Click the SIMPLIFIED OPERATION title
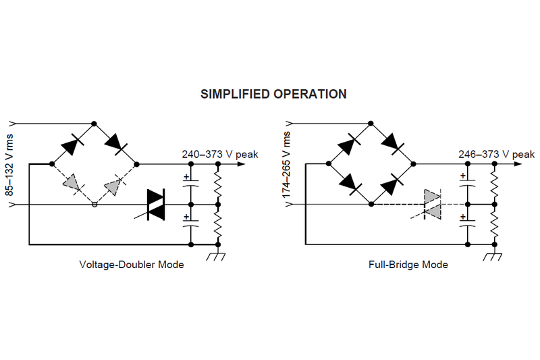click(x=273, y=94)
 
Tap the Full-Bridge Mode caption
click(x=409, y=264)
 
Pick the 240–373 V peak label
click(x=219, y=154)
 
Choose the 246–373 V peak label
click(x=495, y=154)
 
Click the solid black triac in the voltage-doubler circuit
click(x=156, y=204)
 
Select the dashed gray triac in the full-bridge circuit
click(x=431, y=204)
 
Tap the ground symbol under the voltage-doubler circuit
click(x=217, y=256)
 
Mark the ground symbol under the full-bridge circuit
click(x=494, y=256)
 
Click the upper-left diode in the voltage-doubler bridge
click(x=72, y=144)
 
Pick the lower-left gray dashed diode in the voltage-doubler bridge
click(x=72, y=183)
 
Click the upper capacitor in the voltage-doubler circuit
click(x=190, y=183)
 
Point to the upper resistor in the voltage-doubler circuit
click(x=217, y=183)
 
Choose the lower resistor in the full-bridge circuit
click(x=494, y=224)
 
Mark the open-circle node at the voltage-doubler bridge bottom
click(x=94, y=204)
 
